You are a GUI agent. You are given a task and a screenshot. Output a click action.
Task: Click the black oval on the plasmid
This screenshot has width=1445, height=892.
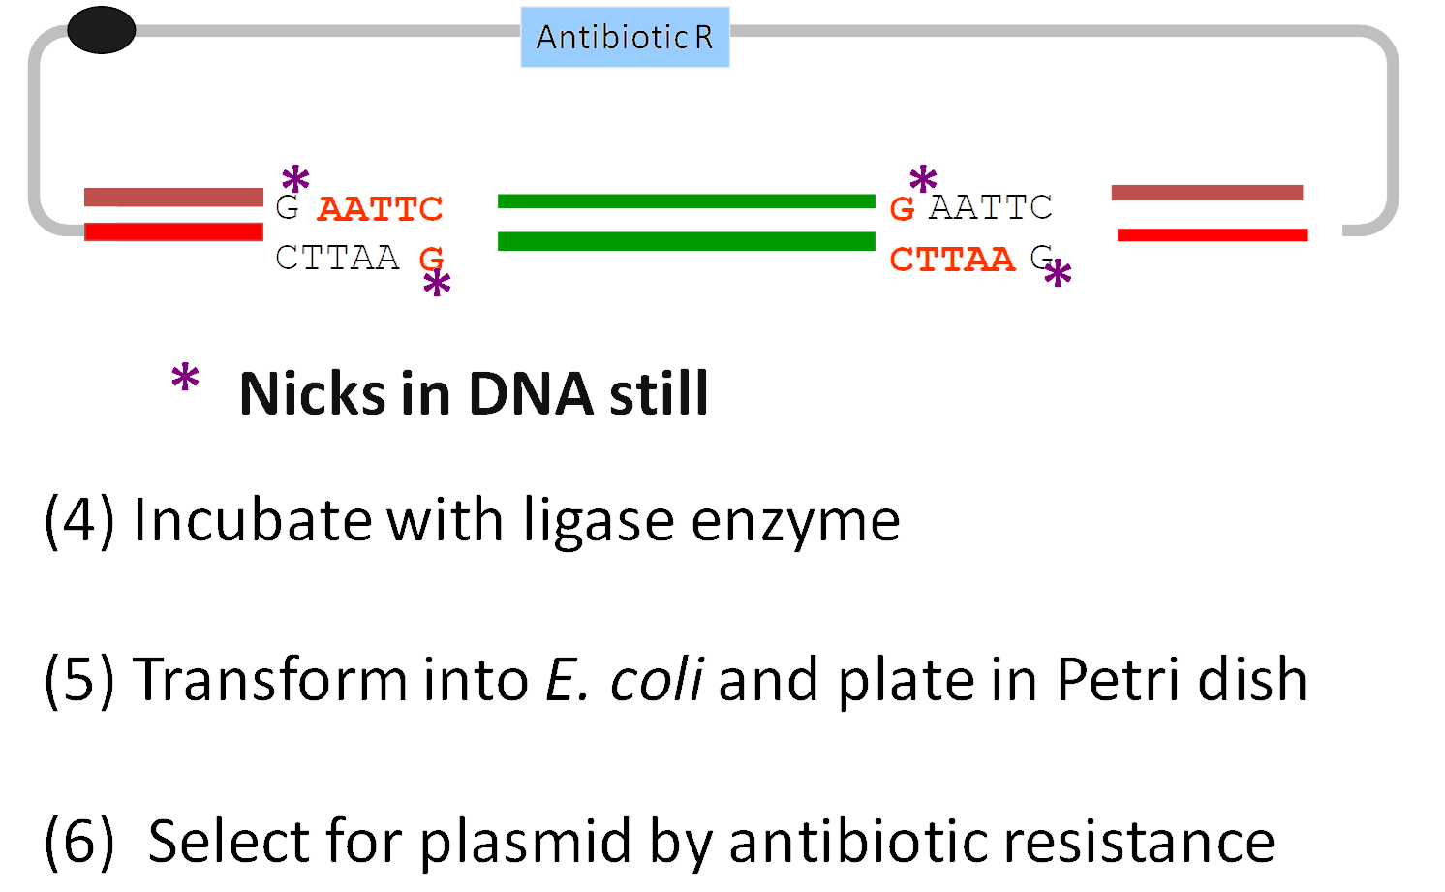(x=102, y=30)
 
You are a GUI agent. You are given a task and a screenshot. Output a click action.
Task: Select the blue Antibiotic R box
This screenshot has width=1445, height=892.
(x=625, y=37)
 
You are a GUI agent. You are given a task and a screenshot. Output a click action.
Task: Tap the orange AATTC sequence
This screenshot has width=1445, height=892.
(x=380, y=208)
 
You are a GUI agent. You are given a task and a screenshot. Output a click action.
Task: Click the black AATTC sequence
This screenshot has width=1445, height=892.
(x=990, y=206)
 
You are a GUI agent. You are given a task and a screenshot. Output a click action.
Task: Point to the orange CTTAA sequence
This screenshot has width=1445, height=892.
(x=952, y=259)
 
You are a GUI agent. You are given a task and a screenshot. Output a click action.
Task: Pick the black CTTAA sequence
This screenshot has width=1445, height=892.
(x=337, y=258)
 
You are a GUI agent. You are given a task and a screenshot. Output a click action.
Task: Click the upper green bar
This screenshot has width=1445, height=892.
(x=686, y=201)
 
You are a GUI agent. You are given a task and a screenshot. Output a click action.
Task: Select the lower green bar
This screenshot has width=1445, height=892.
(x=686, y=241)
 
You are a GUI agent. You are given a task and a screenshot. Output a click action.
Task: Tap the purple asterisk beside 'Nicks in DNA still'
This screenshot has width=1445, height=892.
(x=185, y=380)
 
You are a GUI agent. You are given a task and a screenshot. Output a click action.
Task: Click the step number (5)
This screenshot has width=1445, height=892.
(x=78, y=679)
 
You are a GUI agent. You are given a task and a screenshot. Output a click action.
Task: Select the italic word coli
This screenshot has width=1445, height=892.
(x=656, y=679)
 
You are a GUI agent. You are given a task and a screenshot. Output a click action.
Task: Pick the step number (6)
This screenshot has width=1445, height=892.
(x=78, y=841)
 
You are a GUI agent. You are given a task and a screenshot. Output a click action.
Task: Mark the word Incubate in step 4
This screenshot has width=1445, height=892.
(x=252, y=520)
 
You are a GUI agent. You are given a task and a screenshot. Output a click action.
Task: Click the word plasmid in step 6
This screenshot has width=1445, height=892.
(x=526, y=841)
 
